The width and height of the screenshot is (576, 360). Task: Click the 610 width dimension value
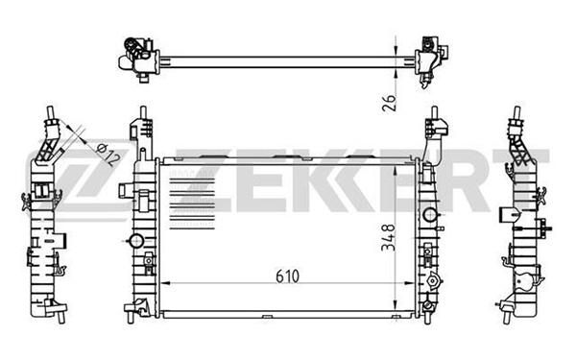tap(288, 276)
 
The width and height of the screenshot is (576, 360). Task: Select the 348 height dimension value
tap(388, 238)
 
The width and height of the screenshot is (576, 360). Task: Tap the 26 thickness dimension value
tap(389, 103)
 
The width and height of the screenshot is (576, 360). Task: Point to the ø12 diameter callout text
tap(108, 154)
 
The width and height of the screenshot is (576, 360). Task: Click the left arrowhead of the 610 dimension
tap(166, 283)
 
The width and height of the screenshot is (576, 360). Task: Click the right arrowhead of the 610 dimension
tap(409, 283)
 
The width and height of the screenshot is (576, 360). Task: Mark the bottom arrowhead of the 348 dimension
tap(396, 303)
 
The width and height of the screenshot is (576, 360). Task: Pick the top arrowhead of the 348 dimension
tap(396, 171)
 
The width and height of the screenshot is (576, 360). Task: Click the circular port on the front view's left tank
tap(136, 241)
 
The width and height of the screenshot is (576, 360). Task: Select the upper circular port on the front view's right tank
tap(430, 214)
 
